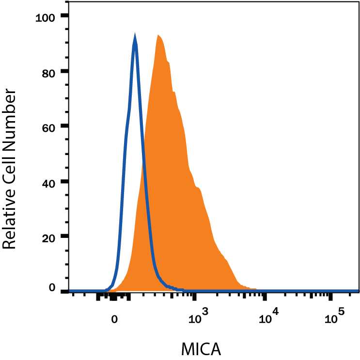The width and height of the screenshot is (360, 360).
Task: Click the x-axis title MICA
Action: point(201,348)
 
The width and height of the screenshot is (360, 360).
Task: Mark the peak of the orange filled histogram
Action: point(158,36)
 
